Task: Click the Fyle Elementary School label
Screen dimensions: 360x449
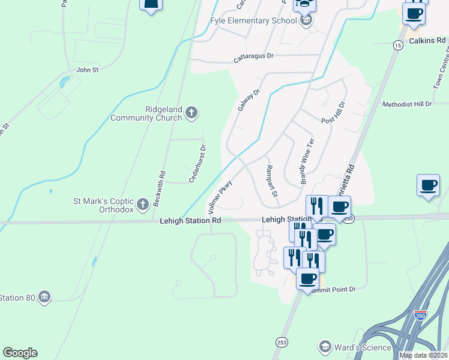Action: click(x=253, y=20)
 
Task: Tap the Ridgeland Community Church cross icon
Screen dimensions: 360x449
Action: click(x=191, y=112)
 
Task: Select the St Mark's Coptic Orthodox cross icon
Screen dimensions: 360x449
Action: click(x=143, y=205)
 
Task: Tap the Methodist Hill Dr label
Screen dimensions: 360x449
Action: click(x=407, y=104)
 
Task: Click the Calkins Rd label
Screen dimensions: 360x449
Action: click(x=427, y=41)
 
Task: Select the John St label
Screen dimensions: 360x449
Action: click(x=87, y=70)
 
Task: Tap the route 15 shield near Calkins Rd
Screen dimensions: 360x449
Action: click(x=397, y=45)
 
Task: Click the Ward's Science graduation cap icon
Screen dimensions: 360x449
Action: click(x=325, y=347)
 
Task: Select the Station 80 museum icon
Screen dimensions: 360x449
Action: click(x=43, y=296)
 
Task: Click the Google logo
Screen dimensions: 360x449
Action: click(x=20, y=353)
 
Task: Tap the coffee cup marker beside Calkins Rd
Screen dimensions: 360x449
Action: click(x=413, y=13)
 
